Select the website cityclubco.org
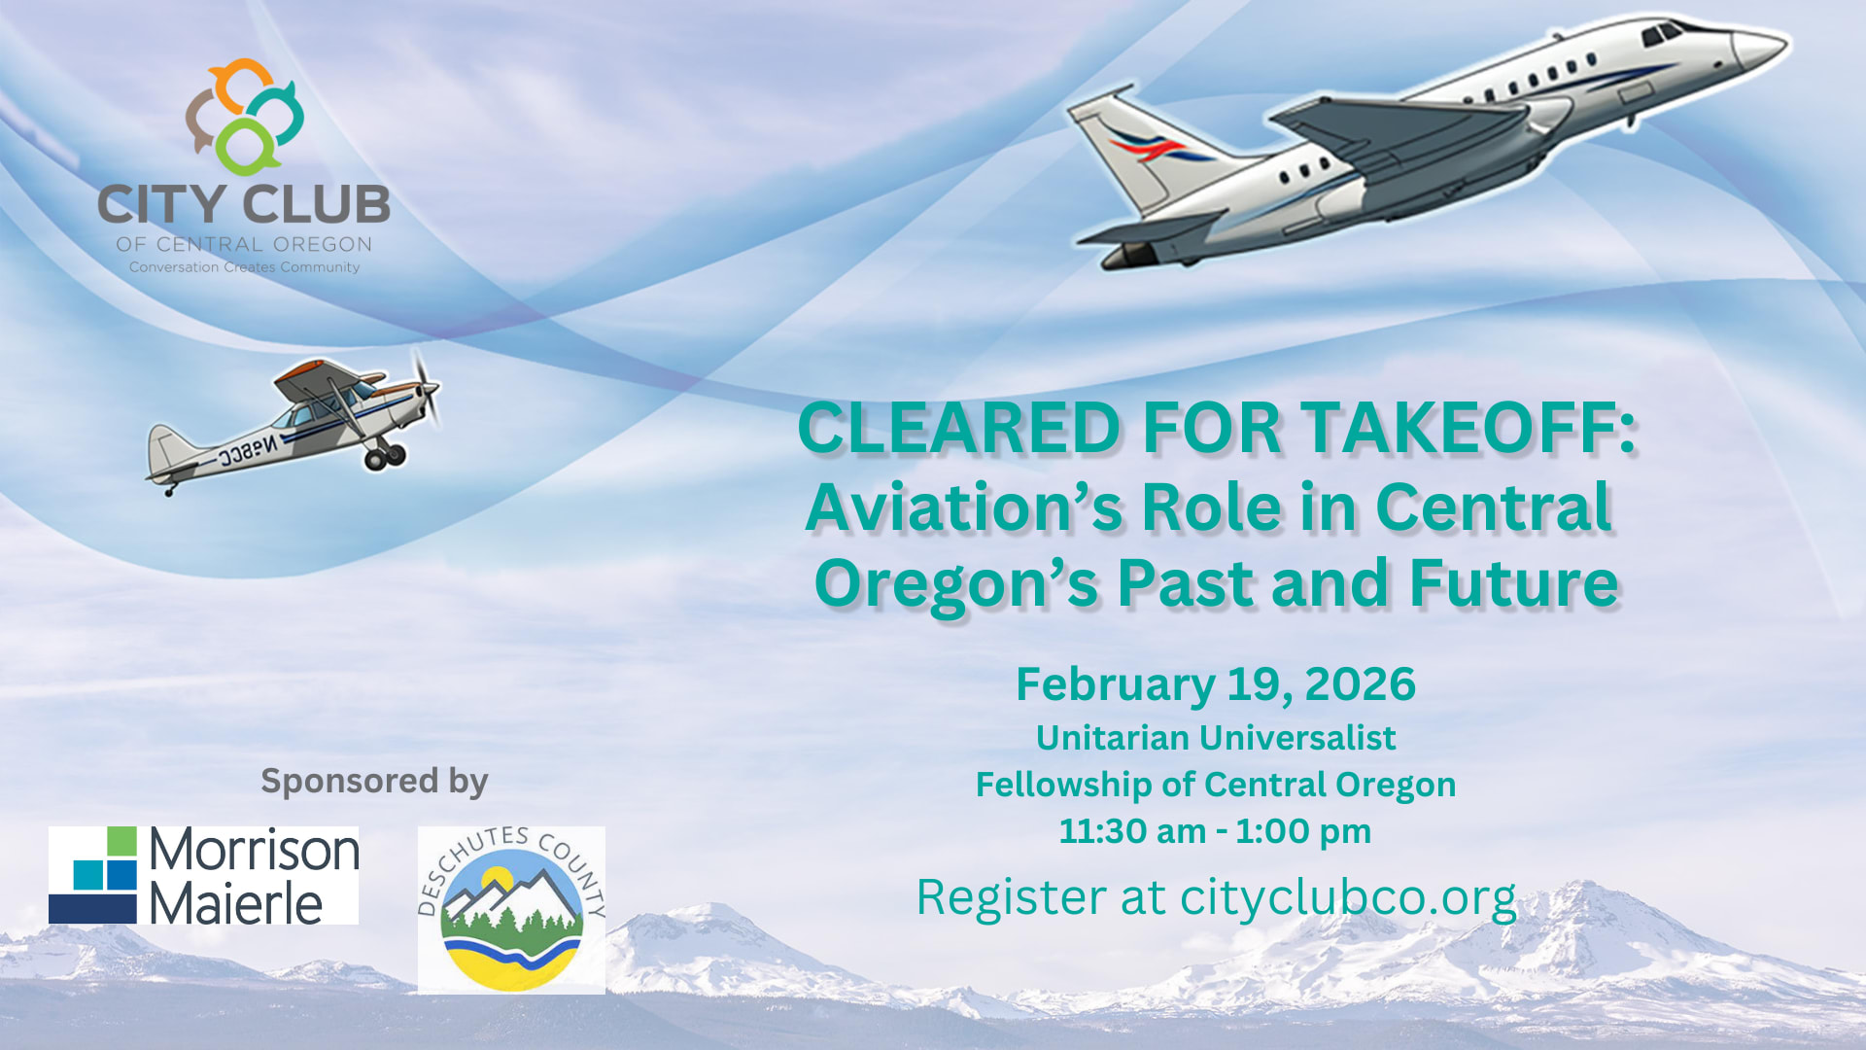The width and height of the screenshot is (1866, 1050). [1348, 897]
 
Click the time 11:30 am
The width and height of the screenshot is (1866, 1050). [1131, 832]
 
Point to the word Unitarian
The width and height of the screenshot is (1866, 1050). [1111, 739]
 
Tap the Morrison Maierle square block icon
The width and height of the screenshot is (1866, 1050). [93, 875]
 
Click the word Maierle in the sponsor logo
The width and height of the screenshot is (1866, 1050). [235, 904]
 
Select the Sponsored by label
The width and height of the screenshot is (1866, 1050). [374, 782]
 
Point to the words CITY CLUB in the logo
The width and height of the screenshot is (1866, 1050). [244, 205]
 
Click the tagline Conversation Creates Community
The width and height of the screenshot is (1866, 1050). [244, 267]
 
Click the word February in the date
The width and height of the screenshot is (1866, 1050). [1115, 684]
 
